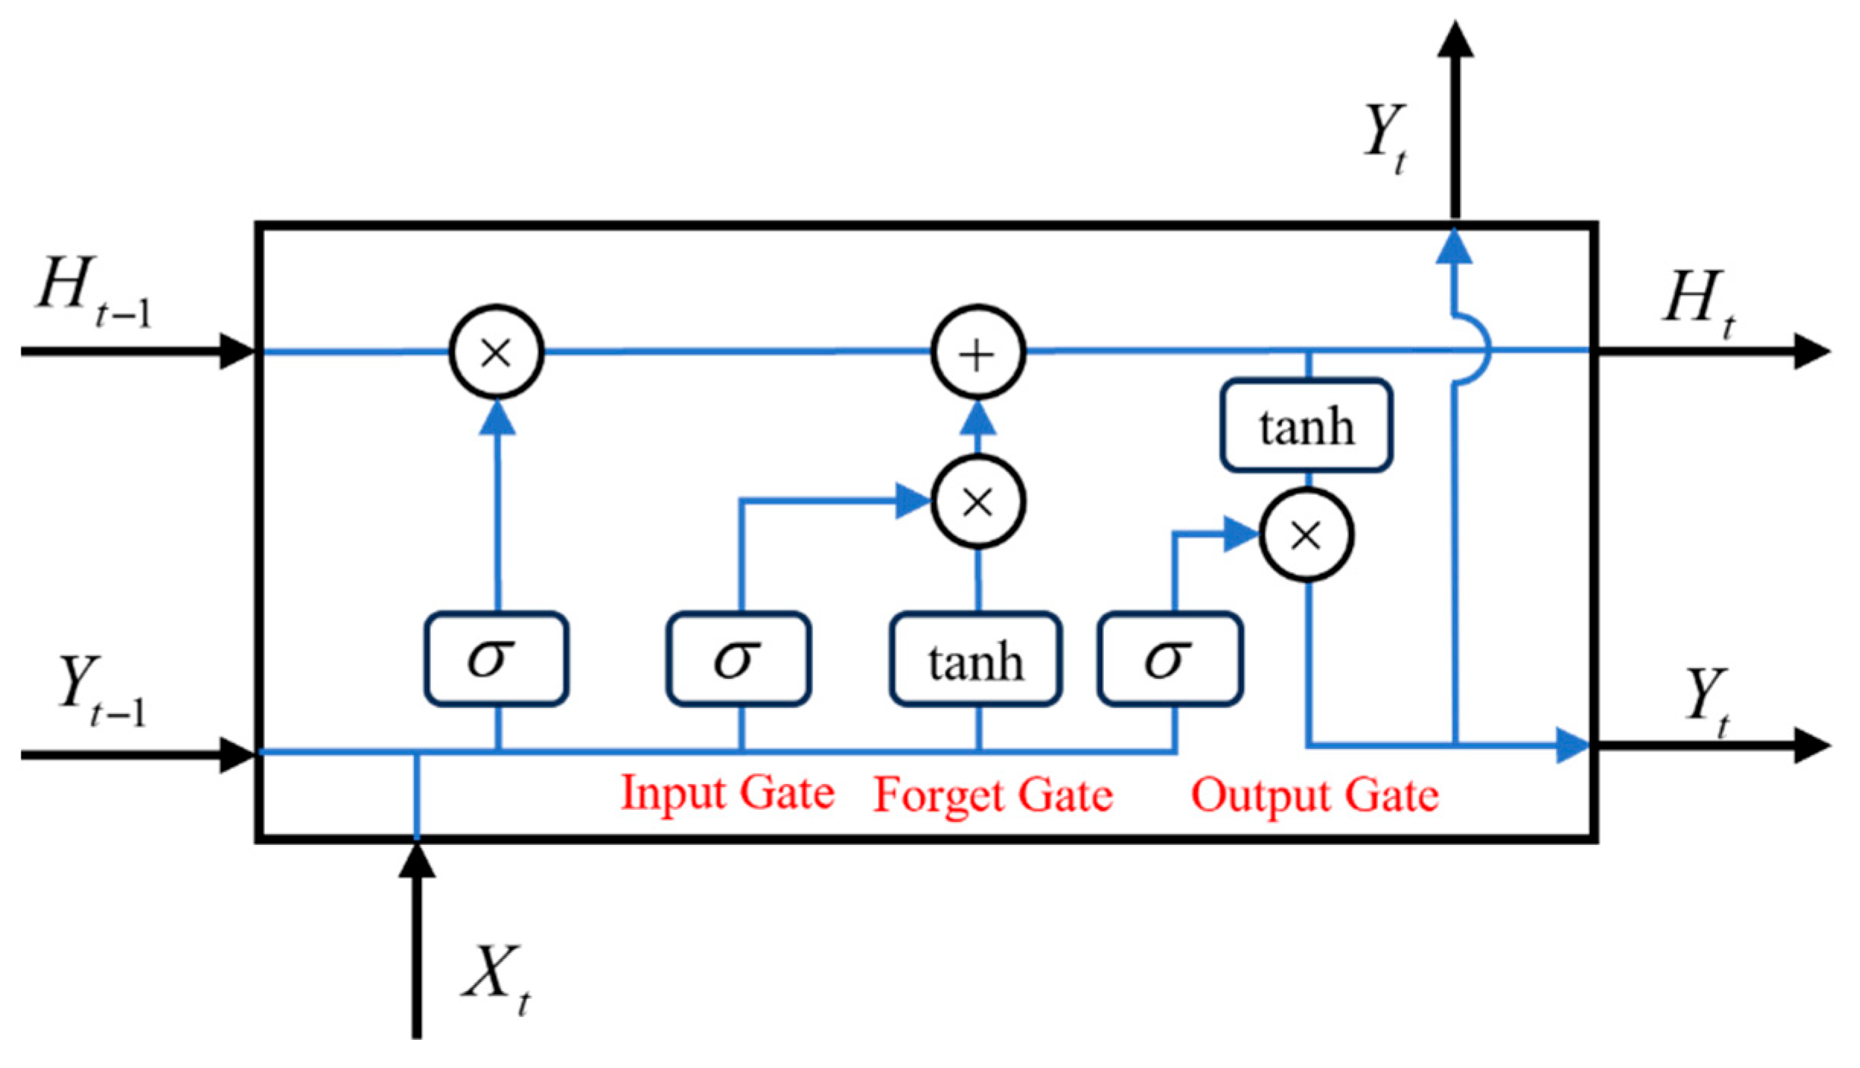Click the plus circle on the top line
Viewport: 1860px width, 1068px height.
tap(978, 352)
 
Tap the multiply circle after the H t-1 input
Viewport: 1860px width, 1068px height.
tap(496, 352)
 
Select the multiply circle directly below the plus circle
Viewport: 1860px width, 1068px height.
tap(978, 502)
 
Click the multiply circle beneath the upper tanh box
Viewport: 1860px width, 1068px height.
tap(1306, 535)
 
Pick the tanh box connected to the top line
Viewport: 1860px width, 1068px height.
tap(1306, 426)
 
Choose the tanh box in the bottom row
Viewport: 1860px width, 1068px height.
tap(975, 660)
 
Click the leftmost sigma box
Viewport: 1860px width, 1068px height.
tap(496, 659)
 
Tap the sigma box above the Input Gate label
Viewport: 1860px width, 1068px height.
tap(739, 659)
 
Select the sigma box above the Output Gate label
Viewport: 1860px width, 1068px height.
tap(1170, 659)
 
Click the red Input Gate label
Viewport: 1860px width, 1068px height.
tap(727, 793)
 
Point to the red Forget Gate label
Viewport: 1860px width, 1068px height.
tap(993, 795)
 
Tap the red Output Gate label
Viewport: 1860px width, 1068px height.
tap(1315, 795)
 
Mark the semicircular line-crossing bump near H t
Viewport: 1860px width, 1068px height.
tap(1476, 350)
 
